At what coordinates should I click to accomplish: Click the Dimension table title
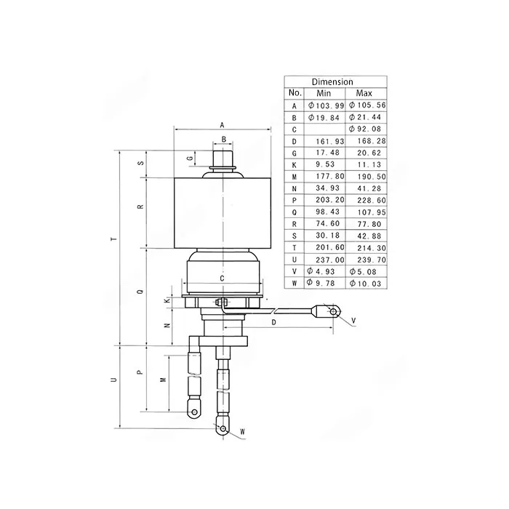click(332, 81)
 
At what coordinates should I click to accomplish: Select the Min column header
click(324, 94)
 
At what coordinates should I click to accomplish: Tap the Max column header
click(364, 94)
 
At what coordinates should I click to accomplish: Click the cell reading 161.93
click(330, 141)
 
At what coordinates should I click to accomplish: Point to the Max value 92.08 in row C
click(365, 129)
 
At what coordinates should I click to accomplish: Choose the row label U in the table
click(294, 260)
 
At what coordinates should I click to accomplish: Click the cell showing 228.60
click(372, 200)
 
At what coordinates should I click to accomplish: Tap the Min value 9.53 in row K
click(325, 164)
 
